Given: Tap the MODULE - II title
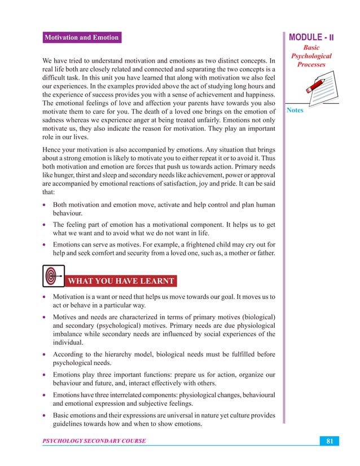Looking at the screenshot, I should click(x=311, y=38).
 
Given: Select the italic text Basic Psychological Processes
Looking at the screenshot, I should click(x=311, y=56).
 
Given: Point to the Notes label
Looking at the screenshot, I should click(x=295, y=110).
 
